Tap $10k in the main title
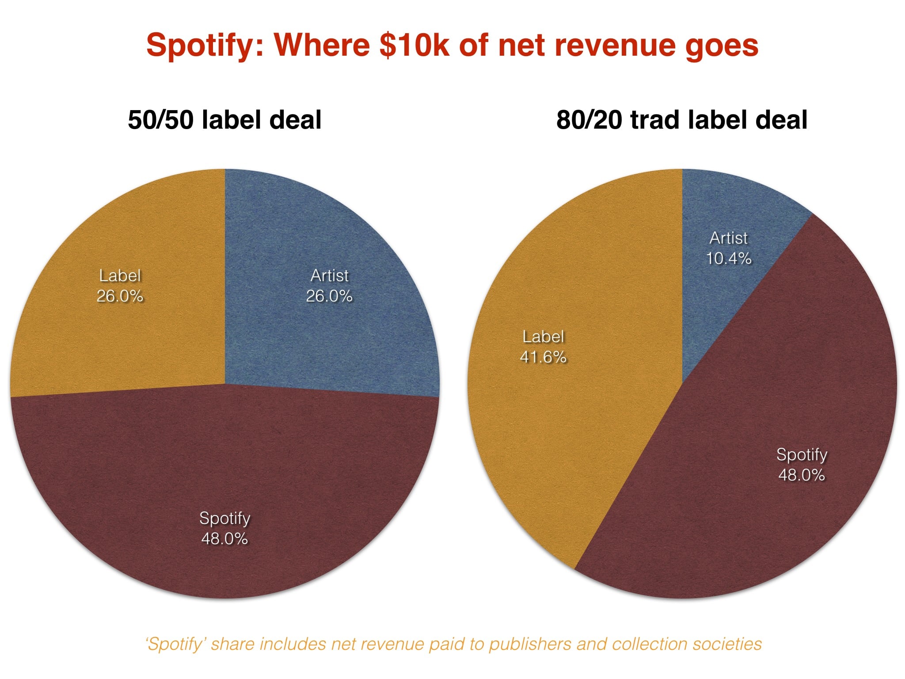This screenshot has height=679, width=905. coord(414,45)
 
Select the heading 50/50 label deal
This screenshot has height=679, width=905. coord(224,120)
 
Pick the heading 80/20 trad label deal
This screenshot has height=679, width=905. coord(682,120)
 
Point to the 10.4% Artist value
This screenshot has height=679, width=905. coord(728,258)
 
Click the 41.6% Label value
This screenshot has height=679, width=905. coord(543,357)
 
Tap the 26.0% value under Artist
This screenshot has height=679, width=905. coord(329,296)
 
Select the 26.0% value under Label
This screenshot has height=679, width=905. coord(120,296)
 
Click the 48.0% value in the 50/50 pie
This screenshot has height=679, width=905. coord(224,538)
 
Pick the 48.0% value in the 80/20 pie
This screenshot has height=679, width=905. coord(802,475)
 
